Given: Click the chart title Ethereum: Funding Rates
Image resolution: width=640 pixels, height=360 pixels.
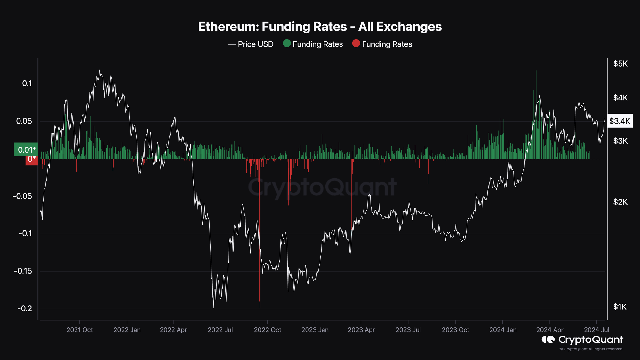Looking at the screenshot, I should [320, 27].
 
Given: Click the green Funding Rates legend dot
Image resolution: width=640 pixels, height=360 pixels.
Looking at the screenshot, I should [287, 44].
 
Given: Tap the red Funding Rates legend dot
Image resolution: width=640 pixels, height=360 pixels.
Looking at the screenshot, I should [356, 44].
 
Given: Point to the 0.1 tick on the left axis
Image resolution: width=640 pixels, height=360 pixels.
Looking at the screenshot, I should [27, 84].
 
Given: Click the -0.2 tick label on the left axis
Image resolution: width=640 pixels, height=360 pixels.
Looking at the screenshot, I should [25, 308].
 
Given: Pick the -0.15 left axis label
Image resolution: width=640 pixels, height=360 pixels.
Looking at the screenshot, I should [23, 271].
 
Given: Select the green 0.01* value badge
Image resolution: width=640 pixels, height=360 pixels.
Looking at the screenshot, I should [26, 150].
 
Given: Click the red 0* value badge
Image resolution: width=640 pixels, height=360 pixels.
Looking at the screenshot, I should [32, 159].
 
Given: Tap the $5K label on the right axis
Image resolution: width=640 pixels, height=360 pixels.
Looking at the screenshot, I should [620, 64].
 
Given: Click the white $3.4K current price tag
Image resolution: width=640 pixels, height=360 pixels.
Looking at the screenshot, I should [620, 121].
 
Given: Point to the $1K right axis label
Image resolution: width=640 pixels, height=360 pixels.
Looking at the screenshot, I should [620, 307].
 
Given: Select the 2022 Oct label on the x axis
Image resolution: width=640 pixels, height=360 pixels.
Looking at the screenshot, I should [268, 330].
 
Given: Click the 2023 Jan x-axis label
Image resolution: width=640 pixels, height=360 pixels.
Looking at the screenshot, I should [315, 330].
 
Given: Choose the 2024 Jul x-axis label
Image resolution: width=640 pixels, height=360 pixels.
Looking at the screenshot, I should [596, 330].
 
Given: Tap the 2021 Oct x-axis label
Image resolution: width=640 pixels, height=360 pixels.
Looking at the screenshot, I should [80, 330].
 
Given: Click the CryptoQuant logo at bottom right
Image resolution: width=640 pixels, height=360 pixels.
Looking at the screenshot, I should [582, 340].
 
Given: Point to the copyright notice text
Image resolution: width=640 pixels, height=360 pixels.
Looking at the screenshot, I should [591, 349].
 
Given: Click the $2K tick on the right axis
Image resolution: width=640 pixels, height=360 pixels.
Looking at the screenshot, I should [620, 202].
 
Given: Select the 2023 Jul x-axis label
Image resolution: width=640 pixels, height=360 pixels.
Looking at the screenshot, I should [408, 330].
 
